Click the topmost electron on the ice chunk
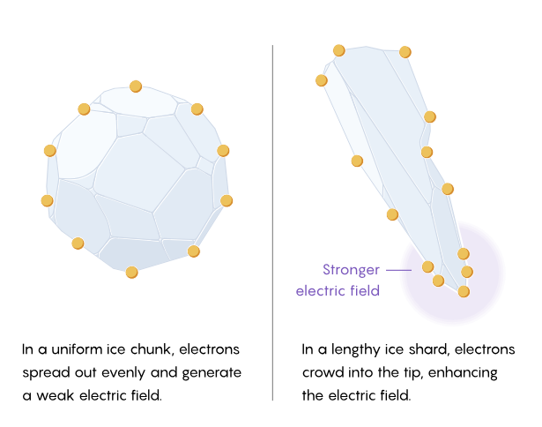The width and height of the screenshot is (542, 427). (136, 86)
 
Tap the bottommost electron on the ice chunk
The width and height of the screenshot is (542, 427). (131, 273)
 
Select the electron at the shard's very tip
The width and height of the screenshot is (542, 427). (464, 292)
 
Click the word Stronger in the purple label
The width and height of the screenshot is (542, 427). (351, 270)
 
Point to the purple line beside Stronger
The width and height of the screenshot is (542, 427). (398, 270)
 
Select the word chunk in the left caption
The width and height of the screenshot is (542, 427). (152, 349)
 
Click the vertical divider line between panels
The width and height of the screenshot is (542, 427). (272, 222)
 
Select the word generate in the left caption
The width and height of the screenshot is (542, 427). (212, 373)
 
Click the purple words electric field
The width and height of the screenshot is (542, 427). (338, 290)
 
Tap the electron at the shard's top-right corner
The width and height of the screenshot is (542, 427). (405, 52)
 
